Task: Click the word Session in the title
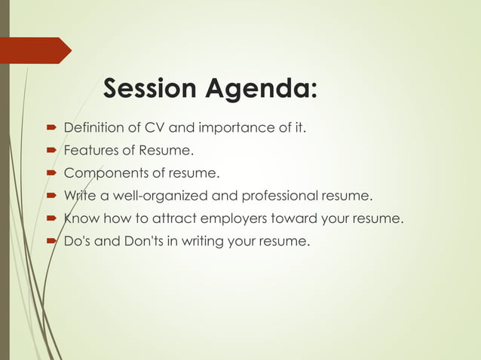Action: [149, 89]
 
